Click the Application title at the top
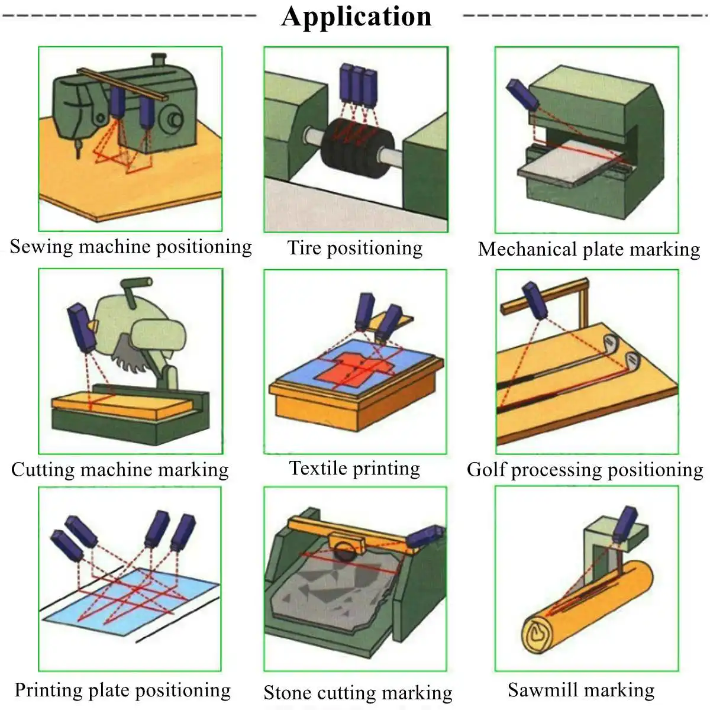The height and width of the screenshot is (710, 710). click(x=356, y=17)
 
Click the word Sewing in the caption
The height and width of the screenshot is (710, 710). click(x=41, y=247)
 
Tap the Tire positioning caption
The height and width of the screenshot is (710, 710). click(x=355, y=248)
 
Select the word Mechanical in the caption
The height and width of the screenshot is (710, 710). click(x=527, y=249)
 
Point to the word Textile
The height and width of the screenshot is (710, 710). click(x=319, y=468)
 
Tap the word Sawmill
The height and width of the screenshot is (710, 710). click(x=541, y=690)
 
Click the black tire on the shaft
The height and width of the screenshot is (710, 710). click(x=357, y=148)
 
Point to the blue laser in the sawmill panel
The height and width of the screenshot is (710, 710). click(x=625, y=523)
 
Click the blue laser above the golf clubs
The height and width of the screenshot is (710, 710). click(x=535, y=301)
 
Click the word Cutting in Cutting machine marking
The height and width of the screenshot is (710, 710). click(x=43, y=470)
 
